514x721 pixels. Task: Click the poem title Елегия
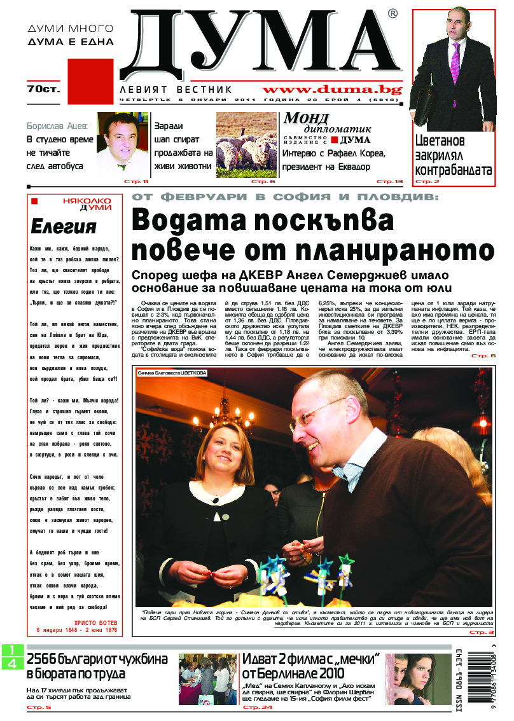(64, 226)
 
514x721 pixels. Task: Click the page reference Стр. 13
(390, 181)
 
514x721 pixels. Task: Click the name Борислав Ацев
(57, 125)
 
